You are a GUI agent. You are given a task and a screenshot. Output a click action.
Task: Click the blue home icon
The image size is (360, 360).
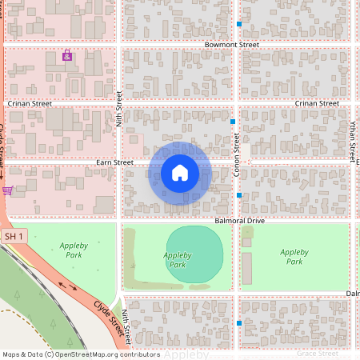coord(179,172)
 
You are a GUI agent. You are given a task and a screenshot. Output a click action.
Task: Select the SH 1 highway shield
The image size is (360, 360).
coord(14,237)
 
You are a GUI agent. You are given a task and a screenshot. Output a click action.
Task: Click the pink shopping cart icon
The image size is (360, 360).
coord(7,190)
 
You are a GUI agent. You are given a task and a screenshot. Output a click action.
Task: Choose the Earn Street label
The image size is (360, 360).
coord(114,162)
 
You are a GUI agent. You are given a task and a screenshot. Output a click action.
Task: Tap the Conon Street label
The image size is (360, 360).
coord(237,155)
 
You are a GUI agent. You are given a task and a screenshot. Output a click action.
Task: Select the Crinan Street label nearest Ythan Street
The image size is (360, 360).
coord(317,103)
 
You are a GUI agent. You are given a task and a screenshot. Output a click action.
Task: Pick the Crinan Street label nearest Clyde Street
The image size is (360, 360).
coord(30,104)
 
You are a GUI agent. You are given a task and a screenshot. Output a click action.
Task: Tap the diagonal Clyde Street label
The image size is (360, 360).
coord(111,318)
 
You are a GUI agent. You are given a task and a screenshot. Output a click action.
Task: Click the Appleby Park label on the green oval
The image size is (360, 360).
coord(178,259)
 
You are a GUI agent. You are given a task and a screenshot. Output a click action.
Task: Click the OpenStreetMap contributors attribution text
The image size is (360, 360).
coord(80,354)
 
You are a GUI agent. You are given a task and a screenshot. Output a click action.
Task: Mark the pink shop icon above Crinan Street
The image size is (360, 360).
coord(67,55)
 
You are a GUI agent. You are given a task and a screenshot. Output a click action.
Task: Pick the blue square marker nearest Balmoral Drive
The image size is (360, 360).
coord(239,195)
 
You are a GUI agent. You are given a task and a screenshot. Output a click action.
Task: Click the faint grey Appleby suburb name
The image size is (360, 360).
coord(187,354)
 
